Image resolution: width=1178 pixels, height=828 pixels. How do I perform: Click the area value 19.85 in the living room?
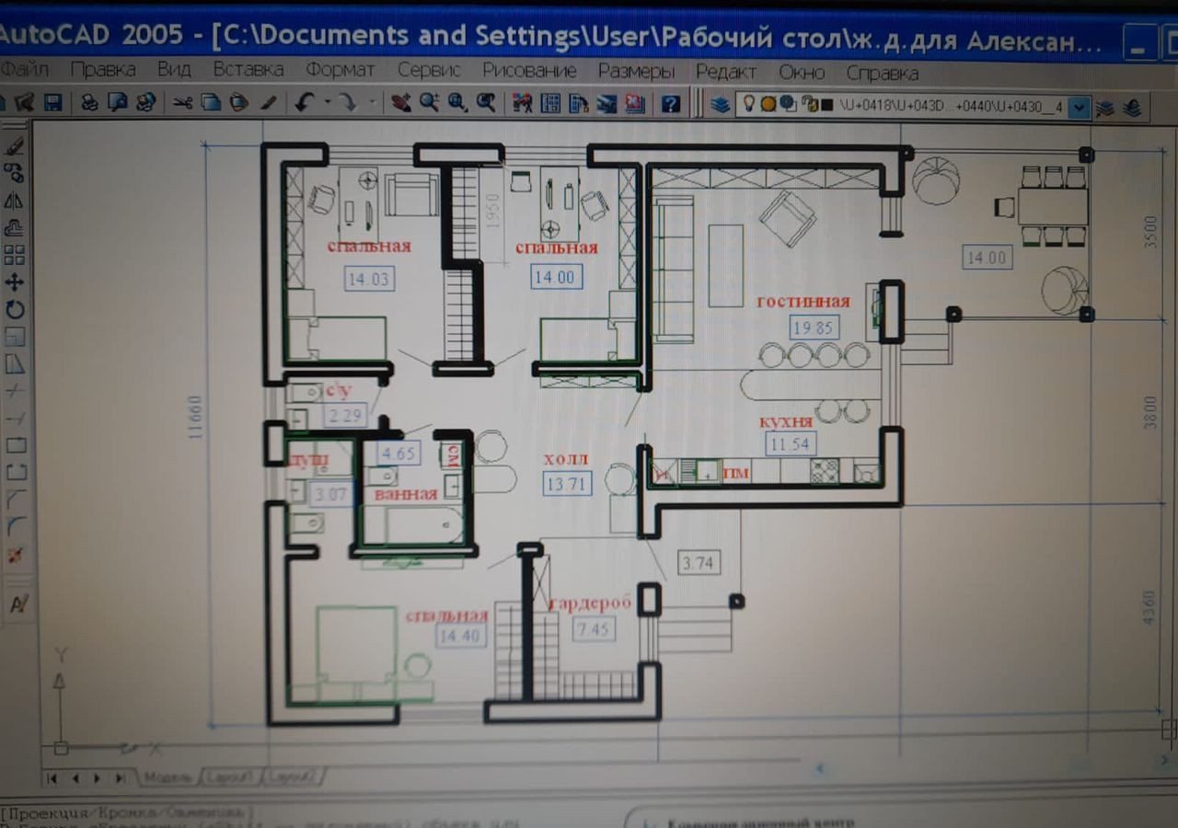pos(814,328)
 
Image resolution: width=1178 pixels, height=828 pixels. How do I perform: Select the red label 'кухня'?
pos(786,422)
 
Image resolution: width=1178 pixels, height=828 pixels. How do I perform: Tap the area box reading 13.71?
pos(566,483)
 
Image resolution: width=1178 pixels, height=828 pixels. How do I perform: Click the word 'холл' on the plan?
pos(565,458)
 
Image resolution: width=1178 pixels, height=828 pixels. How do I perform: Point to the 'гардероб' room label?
pos(591,604)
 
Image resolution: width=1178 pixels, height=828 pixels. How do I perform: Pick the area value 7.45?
pos(594,629)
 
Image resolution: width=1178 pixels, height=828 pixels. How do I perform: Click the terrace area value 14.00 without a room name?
pos(986,258)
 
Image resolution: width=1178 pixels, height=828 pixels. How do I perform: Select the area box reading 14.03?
pos(369,278)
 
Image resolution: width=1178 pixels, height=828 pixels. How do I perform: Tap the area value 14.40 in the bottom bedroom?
pos(460,635)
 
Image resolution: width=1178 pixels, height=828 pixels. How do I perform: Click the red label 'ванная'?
pos(406,494)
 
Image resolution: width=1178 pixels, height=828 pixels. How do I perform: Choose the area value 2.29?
pos(346,416)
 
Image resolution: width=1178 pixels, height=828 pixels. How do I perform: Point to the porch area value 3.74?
pos(698,562)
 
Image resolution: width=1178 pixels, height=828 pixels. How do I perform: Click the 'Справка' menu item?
pos(882,72)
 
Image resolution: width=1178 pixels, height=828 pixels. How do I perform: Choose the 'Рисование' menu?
pos(529,71)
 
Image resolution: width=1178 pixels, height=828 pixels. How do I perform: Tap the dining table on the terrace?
pos(1053,206)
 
